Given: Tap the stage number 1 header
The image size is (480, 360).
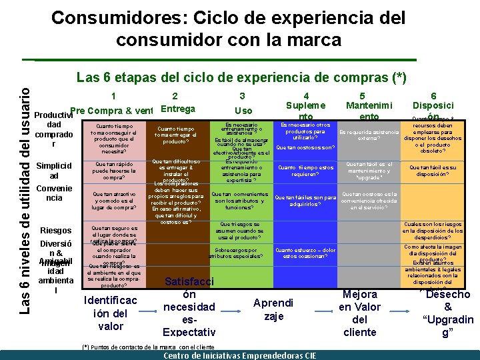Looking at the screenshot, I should coord(114,95).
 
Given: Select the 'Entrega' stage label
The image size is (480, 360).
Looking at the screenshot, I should coord(178,109).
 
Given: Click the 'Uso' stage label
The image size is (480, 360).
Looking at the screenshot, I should coord(243,111).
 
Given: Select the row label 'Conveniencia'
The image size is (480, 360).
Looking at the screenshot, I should coord(51,193).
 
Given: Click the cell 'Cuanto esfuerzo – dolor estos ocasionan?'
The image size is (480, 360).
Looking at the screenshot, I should coord(309,253).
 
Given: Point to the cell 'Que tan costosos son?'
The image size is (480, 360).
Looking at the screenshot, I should coord(305,147).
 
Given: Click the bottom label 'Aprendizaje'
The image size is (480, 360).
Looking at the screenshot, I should coord(273,309).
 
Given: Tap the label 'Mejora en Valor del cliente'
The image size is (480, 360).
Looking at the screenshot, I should coord(359,313).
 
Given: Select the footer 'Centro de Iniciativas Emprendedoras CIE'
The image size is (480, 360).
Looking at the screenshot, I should coord(240,355).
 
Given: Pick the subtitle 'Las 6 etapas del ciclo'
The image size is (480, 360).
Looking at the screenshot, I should coord(241,78).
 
